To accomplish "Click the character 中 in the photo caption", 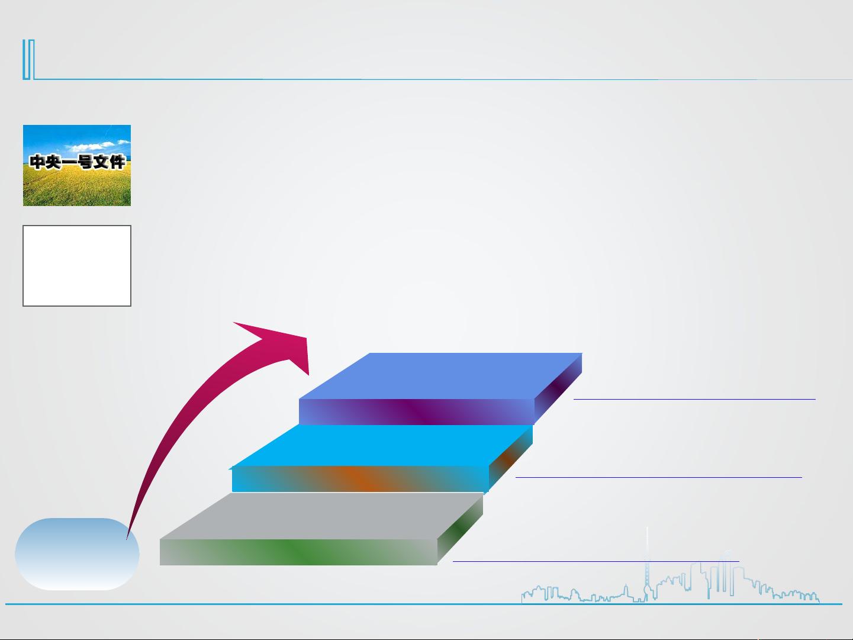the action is coord(37,162).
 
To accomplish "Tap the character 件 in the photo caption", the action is coord(117,162).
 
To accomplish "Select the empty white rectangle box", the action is coord(77,266).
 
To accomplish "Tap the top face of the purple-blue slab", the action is coord(440,376).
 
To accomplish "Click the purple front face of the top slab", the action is coord(417,412).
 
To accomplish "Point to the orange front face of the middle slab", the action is coord(360,479).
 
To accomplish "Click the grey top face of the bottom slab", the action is coord(321,516).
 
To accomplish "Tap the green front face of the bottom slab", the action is coord(298,552).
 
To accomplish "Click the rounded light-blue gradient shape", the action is coord(77,554).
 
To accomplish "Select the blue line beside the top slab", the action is coord(694,399).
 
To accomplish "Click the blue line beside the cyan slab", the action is coord(659,477).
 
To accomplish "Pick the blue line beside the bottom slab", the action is coord(596,561).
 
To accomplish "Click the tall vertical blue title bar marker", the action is coord(28,59).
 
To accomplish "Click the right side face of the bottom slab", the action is coord(460,530).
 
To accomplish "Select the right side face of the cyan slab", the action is coord(511,458).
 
